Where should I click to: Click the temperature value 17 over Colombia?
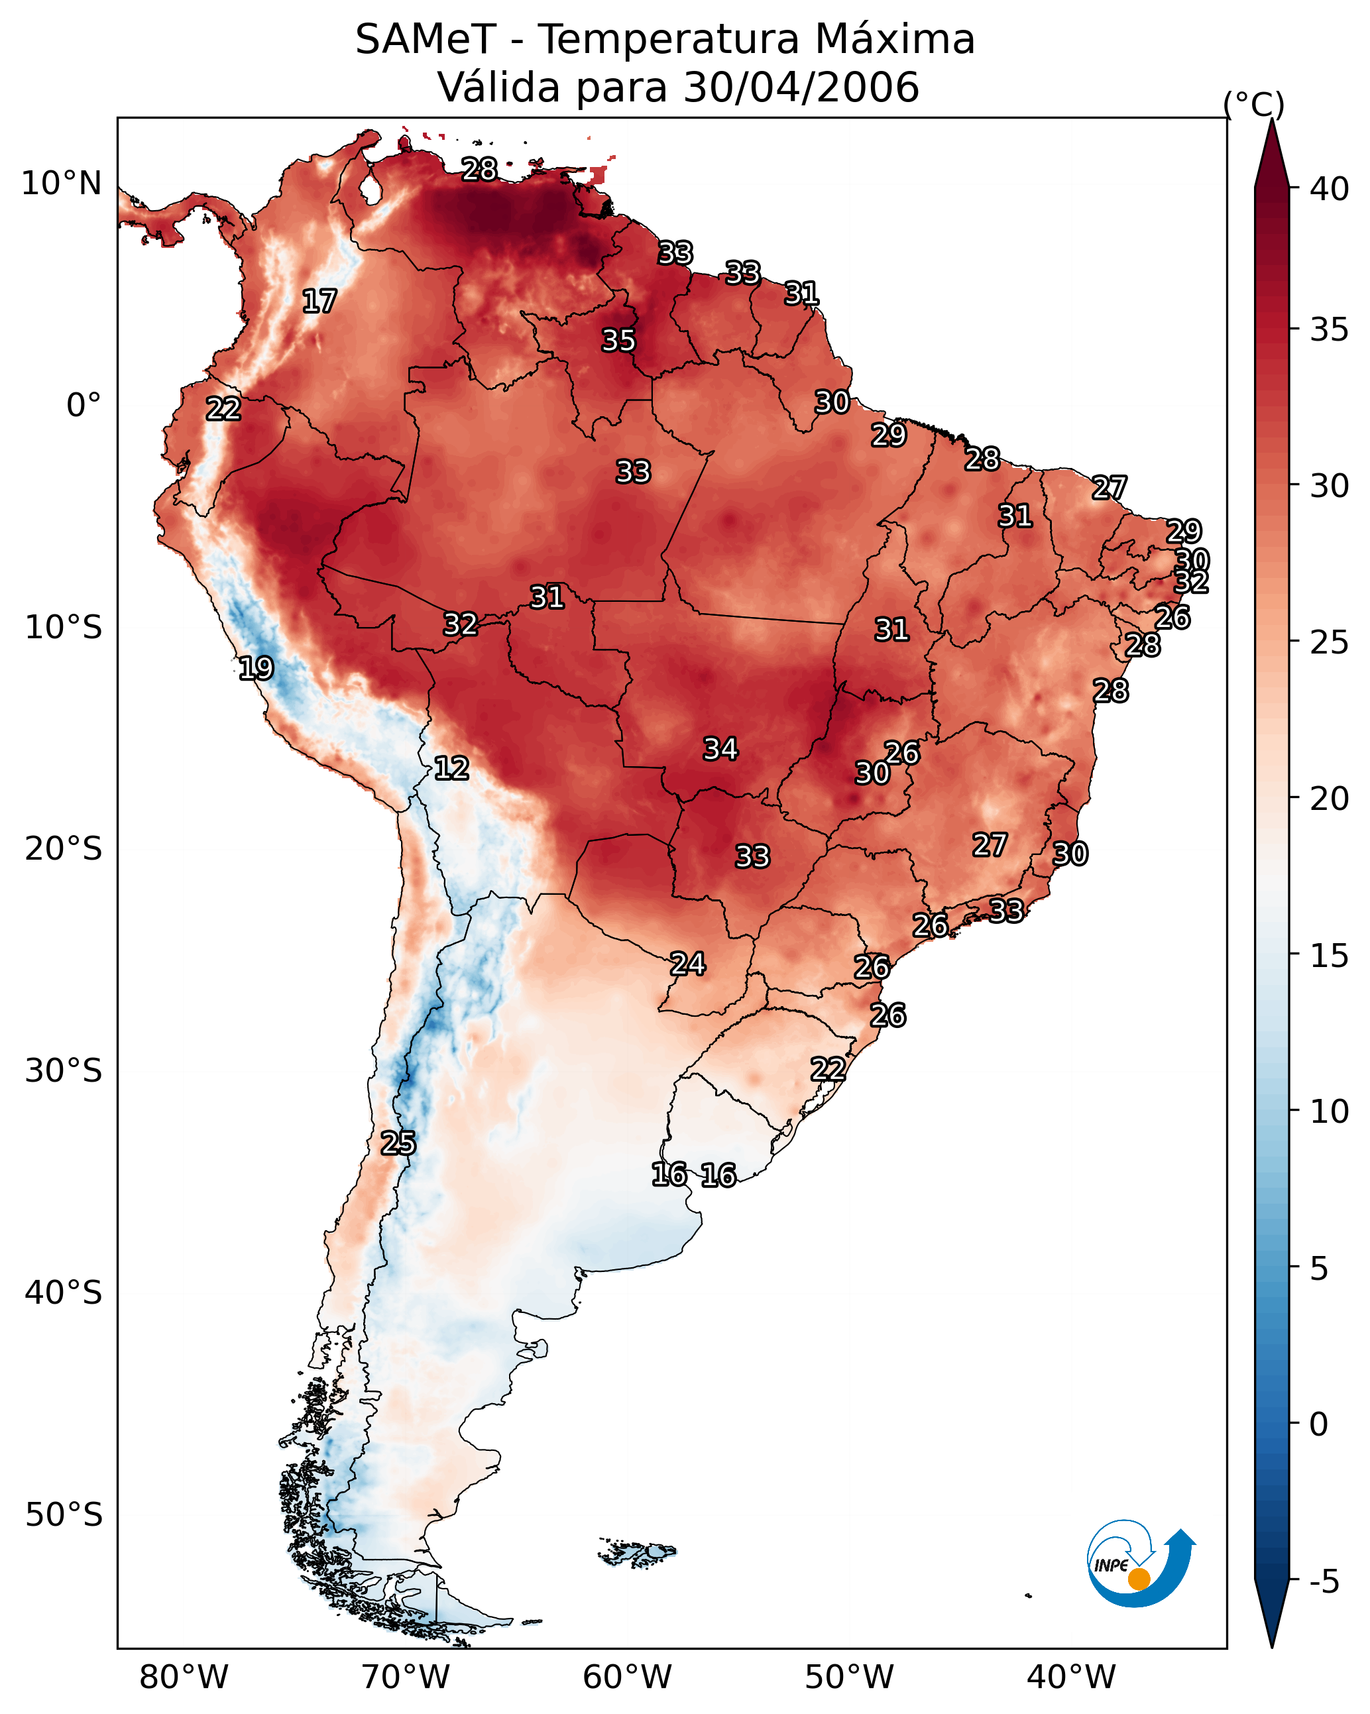(x=319, y=302)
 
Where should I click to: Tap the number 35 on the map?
(x=618, y=340)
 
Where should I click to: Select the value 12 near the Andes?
(x=451, y=768)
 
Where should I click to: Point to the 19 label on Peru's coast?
(x=256, y=668)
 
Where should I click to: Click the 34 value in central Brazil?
(x=720, y=749)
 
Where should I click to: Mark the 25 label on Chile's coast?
(x=398, y=1143)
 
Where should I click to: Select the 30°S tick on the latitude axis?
(x=64, y=1071)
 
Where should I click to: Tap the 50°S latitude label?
(x=64, y=1514)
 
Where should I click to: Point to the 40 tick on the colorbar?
(x=1330, y=189)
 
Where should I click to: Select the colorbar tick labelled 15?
(x=1330, y=956)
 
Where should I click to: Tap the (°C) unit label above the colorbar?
(x=1254, y=104)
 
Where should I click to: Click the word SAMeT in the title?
(x=426, y=40)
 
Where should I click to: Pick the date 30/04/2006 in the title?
(x=801, y=87)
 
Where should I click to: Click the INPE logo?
(x=1139, y=1565)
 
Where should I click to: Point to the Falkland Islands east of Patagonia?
(x=638, y=1551)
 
